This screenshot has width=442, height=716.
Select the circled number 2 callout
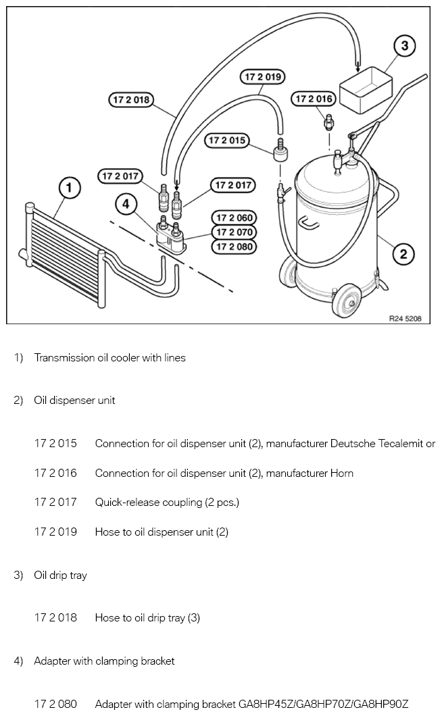[403, 254]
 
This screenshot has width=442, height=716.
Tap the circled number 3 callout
[404, 46]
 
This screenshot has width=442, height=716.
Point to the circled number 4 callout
[124, 202]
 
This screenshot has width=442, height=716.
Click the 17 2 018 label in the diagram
[131, 100]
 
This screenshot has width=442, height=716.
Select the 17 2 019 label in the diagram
[262, 77]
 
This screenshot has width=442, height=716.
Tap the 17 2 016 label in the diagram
[314, 99]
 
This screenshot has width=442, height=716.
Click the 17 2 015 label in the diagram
[226, 140]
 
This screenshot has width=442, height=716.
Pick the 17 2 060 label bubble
[233, 218]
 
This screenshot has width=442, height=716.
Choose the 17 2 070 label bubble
[233, 232]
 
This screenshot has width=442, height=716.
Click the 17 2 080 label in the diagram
[233, 247]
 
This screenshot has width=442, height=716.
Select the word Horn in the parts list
[341, 474]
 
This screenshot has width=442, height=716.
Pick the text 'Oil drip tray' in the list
[60, 576]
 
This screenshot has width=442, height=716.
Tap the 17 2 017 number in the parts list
[55, 503]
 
